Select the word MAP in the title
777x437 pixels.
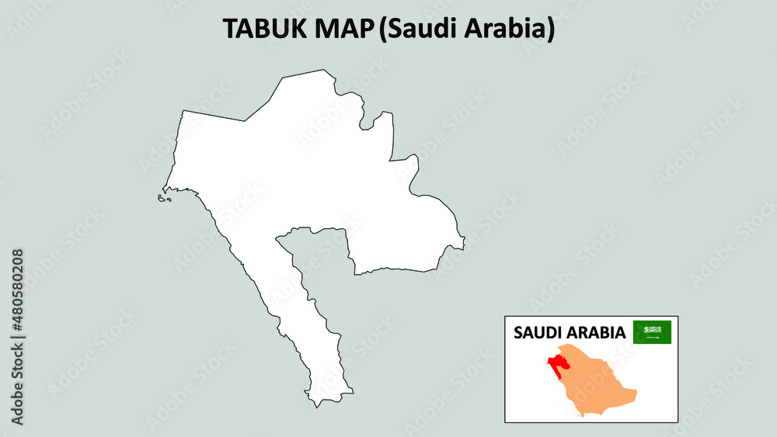click(x=343, y=29)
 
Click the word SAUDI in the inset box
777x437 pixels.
click(x=537, y=333)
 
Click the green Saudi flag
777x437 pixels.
click(x=652, y=332)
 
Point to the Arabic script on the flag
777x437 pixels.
click(x=652, y=329)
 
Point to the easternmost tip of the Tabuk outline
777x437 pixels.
click(x=465, y=248)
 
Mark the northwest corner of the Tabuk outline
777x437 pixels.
click(x=183, y=111)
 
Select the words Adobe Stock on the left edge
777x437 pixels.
click(x=17, y=380)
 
